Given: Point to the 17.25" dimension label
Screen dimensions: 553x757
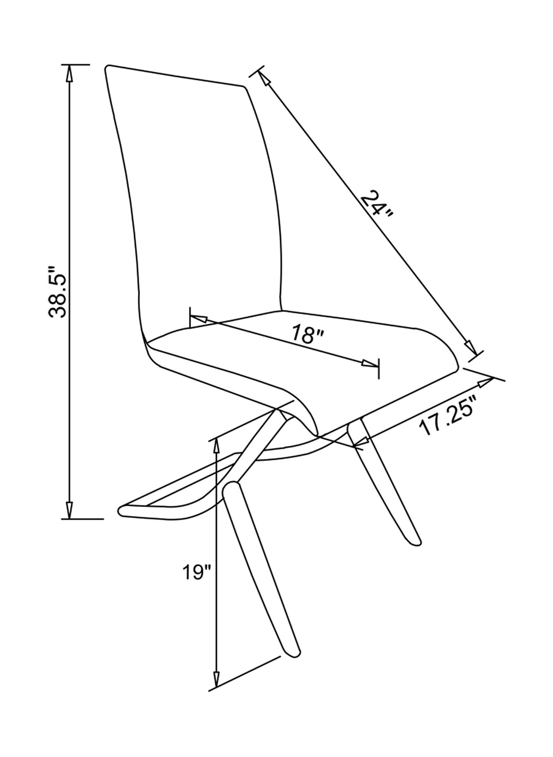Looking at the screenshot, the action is click(x=449, y=415).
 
